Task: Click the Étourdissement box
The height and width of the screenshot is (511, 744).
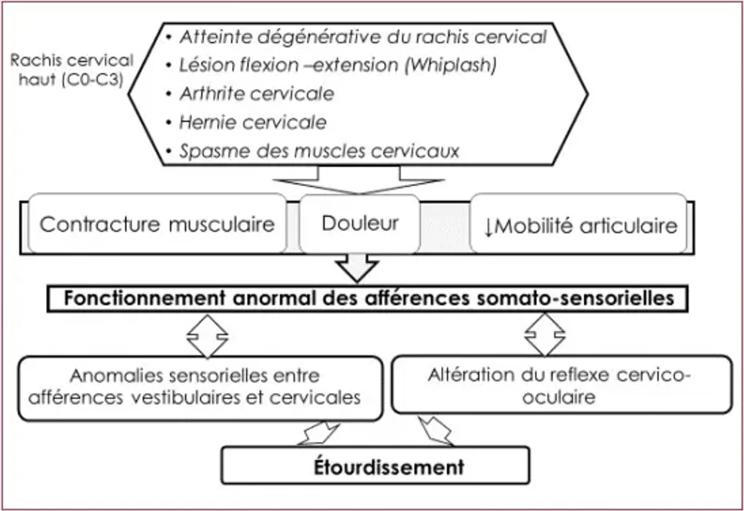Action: [x=375, y=466]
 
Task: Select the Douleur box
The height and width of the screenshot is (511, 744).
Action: [x=359, y=224]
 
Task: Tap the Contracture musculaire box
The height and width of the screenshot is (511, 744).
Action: [x=157, y=225]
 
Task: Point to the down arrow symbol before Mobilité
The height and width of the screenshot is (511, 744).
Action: [x=488, y=227]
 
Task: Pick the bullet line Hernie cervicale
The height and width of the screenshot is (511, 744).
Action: [x=252, y=123]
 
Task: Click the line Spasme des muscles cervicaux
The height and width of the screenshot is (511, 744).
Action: [x=319, y=151]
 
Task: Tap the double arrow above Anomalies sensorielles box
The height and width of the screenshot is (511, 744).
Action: [x=207, y=336]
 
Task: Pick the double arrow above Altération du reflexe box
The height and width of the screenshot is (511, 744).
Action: [x=545, y=335]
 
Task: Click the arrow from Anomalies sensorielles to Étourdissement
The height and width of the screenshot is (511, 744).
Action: [x=320, y=433]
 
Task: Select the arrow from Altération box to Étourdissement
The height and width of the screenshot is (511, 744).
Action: [x=436, y=431]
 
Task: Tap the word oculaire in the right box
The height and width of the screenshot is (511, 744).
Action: [x=558, y=397]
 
